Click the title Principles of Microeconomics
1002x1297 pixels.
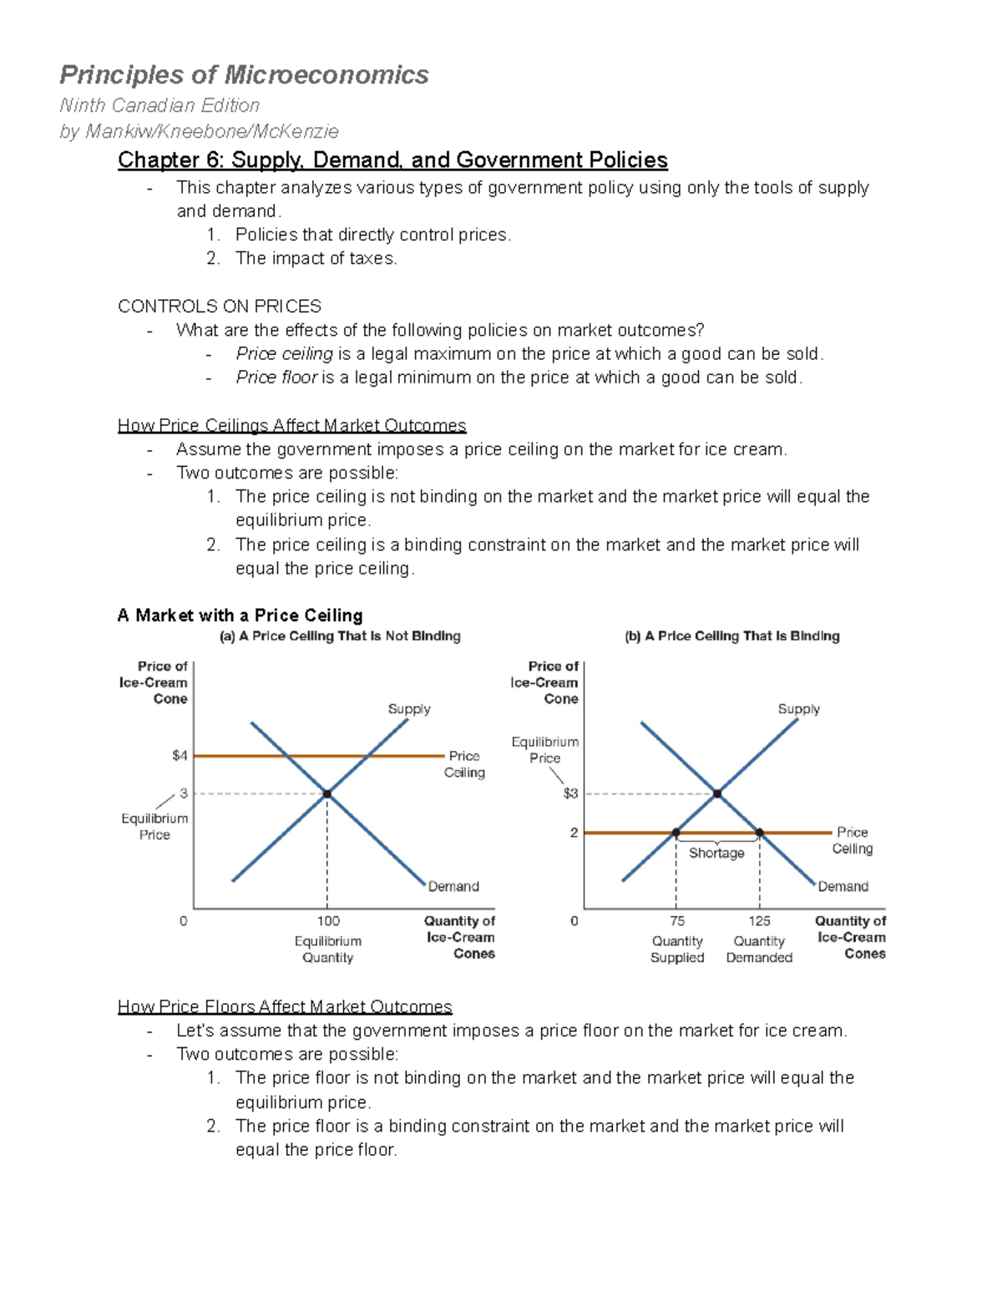(x=244, y=75)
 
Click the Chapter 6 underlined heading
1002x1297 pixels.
(x=392, y=160)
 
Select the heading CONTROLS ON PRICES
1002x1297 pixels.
(x=220, y=306)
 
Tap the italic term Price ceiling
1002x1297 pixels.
(x=284, y=353)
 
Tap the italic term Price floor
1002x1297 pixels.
(x=276, y=377)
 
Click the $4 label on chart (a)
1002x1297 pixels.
(x=180, y=756)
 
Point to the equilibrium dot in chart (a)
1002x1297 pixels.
(x=327, y=794)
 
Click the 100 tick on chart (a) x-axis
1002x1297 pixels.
(x=328, y=920)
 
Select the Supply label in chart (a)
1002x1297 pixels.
(x=409, y=709)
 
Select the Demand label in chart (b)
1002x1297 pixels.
(x=843, y=886)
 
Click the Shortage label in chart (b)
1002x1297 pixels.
(x=716, y=853)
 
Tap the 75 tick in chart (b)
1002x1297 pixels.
(x=677, y=920)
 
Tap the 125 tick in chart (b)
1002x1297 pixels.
(x=759, y=920)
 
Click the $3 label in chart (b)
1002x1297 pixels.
(x=570, y=793)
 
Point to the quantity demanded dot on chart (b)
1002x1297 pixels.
(x=760, y=833)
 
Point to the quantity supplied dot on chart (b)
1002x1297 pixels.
(x=676, y=833)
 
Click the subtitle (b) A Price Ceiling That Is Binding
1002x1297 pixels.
(x=732, y=636)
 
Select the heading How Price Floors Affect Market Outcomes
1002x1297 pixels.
(x=285, y=1006)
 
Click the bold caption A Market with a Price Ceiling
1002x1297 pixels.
(x=240, y=616)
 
